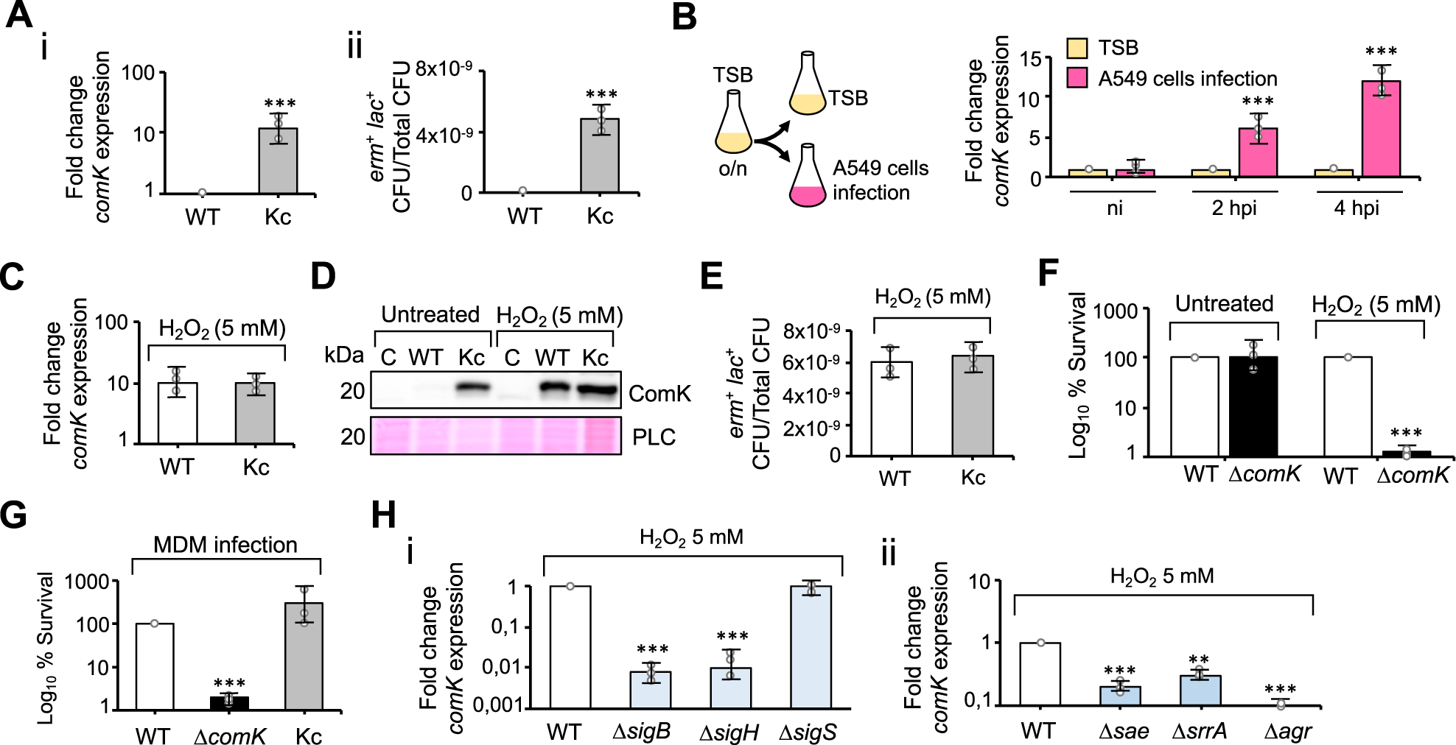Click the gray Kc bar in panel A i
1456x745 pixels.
click(x=278, y=161)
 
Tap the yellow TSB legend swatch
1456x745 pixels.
click(x=1077, y=49)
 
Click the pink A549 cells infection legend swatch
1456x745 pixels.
click(x=1077, y=79)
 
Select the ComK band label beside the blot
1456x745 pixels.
click(x=659, y=394)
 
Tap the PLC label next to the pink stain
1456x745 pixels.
click(x=654, y=437)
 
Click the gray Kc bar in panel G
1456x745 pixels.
click(x=304, y=655)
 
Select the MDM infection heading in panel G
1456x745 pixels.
click(x=225, y=545)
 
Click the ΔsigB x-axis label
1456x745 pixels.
click(x=641, y=732)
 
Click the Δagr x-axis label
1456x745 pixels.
click(x=1288, y=732)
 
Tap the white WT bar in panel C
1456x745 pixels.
click(x=177, y=413)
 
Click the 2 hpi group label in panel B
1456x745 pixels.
click(x=1234, y=208)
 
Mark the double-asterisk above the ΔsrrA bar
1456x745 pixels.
click(x=1199, y=660)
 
